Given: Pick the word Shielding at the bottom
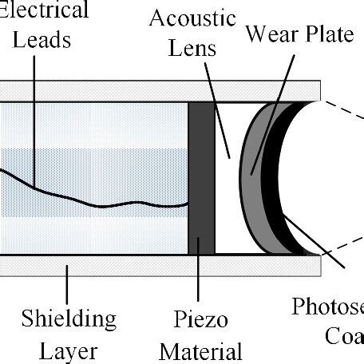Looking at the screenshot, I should (68, 319).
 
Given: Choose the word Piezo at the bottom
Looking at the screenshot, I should (200, 319).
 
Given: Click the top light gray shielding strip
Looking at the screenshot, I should (160, 90).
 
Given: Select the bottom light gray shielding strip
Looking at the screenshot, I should (160, 265).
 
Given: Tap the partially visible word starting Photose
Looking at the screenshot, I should (327, 307).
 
